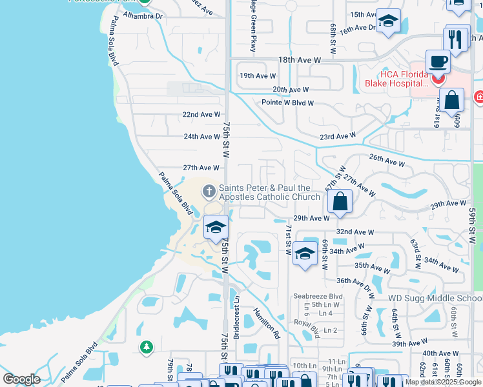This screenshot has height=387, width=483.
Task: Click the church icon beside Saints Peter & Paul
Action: tap(209, 191)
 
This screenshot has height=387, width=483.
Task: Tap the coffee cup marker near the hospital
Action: tap(438, 62)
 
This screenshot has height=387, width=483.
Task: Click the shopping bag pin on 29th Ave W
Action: tap(339, 202)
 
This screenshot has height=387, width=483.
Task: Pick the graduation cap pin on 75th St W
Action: tap(216, 228)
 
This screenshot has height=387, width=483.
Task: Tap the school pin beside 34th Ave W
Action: tap(305, 253)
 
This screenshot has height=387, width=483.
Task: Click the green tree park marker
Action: tap(147, 348)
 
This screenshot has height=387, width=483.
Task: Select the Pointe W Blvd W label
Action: tap(287, 103)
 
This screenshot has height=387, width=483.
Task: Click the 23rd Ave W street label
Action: tap(337, 136)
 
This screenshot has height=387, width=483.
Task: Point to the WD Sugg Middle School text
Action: tap(435, 299)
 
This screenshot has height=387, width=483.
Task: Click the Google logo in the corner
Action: tap(21, 379)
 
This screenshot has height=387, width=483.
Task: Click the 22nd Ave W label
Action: tap(201, 114)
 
